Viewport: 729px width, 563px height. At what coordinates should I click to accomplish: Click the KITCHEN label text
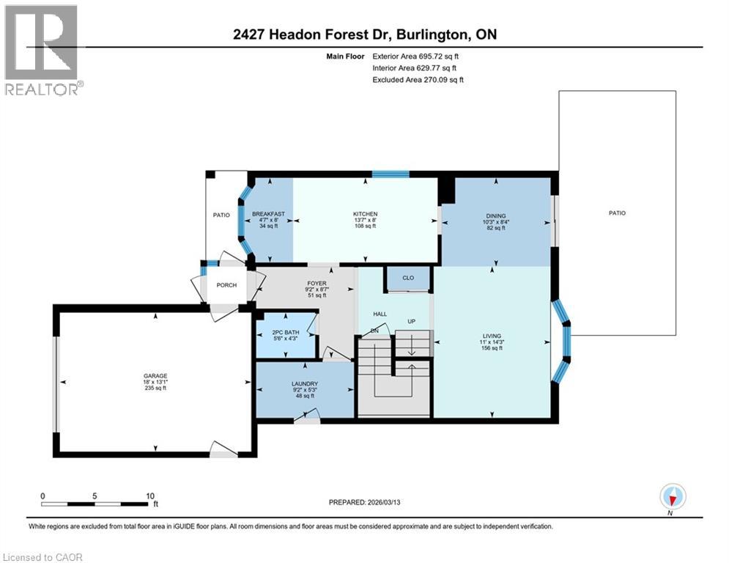pyautogui.click(x=364, y=214)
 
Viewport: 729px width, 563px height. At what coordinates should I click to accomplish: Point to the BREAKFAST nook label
pyautogui.click(x=268, y=214)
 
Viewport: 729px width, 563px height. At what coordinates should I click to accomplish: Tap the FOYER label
pyautogui.click(x=317, y=283)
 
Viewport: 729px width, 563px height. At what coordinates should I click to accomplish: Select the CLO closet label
pyautogui.click(x=409, y=279)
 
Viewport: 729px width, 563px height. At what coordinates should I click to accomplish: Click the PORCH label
pyautogui.click(x=226, y=285)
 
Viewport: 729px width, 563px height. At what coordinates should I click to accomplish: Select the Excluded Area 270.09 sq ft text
pyautogui.click(x=418, y=79)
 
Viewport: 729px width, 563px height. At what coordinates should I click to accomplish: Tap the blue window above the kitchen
pyautogui.click(x=390, y=174)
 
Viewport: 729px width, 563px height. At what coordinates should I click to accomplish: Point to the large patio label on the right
pyautogui.click(x=617, y=213)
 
